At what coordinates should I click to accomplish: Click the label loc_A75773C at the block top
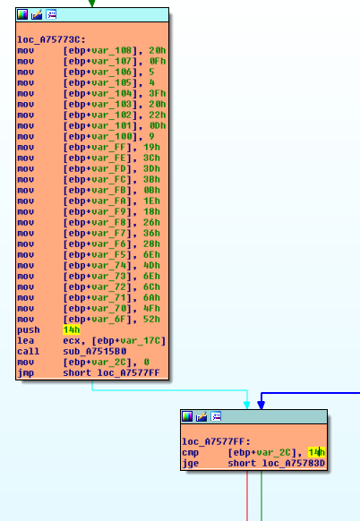(51, 40)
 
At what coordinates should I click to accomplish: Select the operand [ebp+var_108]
(100, 50)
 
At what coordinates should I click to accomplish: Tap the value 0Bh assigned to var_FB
(151, 190)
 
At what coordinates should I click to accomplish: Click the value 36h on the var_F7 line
(151, 233)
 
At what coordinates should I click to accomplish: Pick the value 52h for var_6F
(151, 319)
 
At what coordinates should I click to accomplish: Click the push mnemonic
(29, 330)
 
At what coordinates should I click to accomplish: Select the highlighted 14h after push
(72, 329)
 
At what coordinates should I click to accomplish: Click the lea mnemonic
(26, 340)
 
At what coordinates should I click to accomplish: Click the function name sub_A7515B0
(95, 351)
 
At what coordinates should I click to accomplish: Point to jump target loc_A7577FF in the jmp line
(128, 372)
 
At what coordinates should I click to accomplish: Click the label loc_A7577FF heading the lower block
(216, 441)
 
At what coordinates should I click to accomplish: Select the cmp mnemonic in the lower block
(191, 453)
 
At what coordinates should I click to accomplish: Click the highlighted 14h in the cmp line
(316, 452)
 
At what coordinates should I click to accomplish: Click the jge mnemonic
(191, 464)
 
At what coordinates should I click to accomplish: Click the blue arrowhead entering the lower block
(261, 405)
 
